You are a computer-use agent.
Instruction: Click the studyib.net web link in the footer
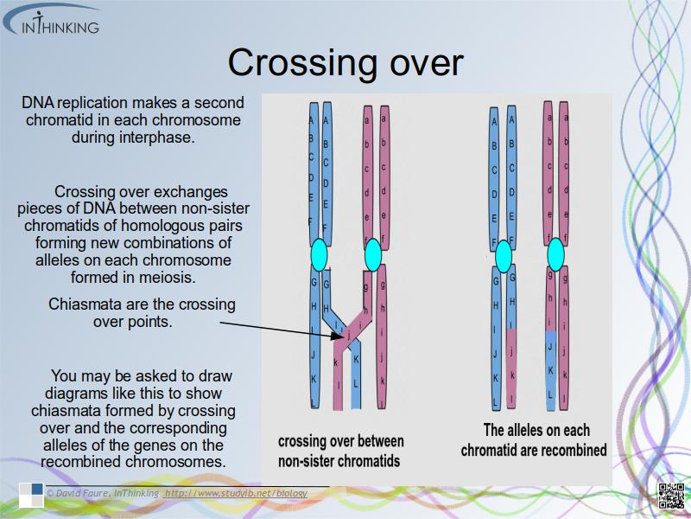235,494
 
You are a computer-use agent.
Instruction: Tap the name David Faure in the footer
85,494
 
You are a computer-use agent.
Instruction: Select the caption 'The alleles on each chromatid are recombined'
534,439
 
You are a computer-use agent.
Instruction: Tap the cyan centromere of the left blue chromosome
319,253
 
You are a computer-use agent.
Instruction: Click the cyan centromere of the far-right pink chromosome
555,253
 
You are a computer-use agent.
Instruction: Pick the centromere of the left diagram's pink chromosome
373,254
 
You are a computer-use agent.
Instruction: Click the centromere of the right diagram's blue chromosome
504,254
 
